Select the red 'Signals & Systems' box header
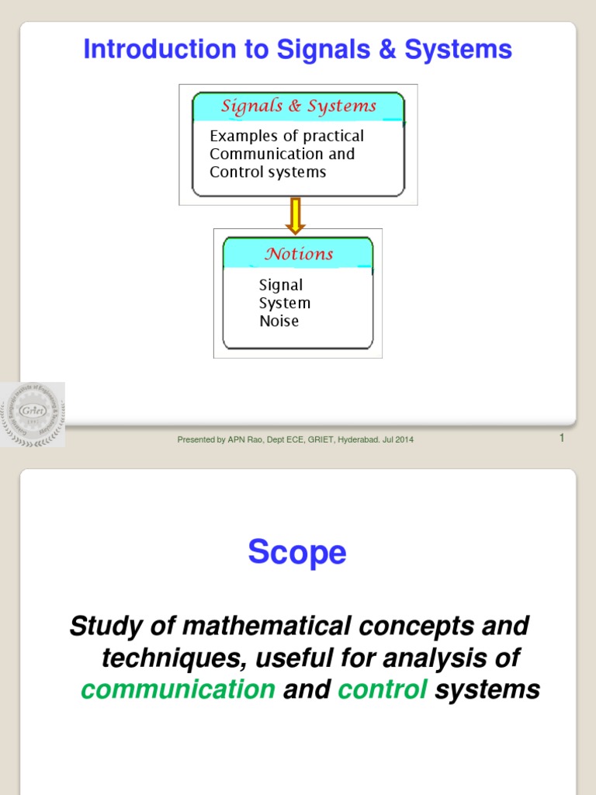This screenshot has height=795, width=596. tap(299, 106)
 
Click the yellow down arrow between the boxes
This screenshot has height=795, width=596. tap(296, 216)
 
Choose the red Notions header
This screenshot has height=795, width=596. tap(299, 254)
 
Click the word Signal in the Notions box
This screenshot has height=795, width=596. tap(281, 285)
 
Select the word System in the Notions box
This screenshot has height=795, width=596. tap(285, 303)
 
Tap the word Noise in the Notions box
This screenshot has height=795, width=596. tap(279, 321)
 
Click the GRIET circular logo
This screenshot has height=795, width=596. tap(33, 414)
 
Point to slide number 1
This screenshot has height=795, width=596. tap(561, 439)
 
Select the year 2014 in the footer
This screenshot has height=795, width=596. tap(404, 440)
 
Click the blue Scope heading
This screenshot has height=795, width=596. tap(297, 553)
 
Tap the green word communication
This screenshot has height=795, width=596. tap(178, 689)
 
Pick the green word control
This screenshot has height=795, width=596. tap(383, 689)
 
